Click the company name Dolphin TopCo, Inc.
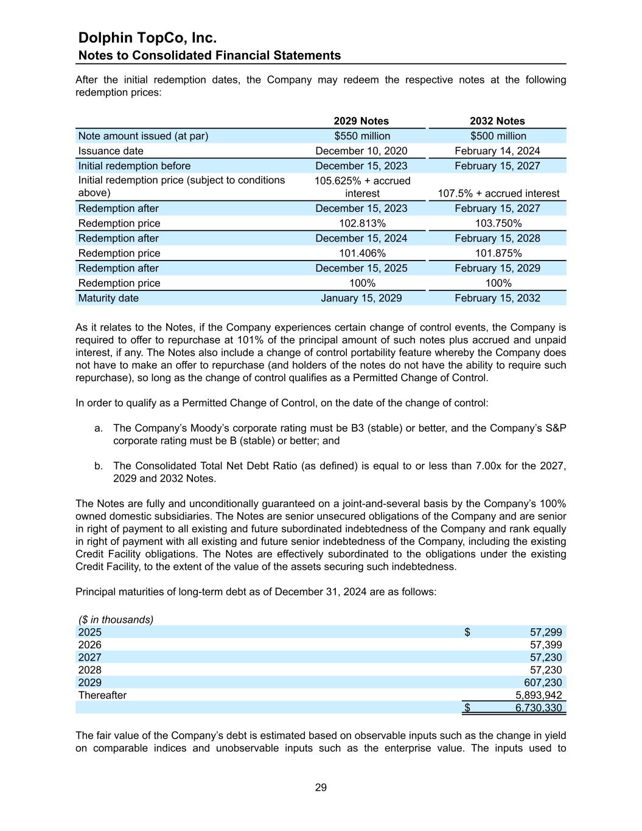tap(147, 38)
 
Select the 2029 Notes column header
tap(361, 121)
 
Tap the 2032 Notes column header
tap(497, 121)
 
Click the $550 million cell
tap(362, 136)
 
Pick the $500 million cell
tap(498, 136)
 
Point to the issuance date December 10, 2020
tap(361, 151)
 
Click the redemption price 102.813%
tap(362, 223)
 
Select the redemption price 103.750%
tap(498, 223)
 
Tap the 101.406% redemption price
tap(362, 253)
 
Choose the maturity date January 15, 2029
tap(361, 298)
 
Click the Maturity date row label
tap(108, 298)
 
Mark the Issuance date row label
tap(111, 151)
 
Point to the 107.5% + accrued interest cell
tap(498, 194)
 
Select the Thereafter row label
tap(102, 695)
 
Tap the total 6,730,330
tap(539, 708)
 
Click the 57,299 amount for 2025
tap(546, 632)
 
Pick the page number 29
tap(321, 788)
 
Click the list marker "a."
tap(99, 428)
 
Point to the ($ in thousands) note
tap(116, 620)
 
